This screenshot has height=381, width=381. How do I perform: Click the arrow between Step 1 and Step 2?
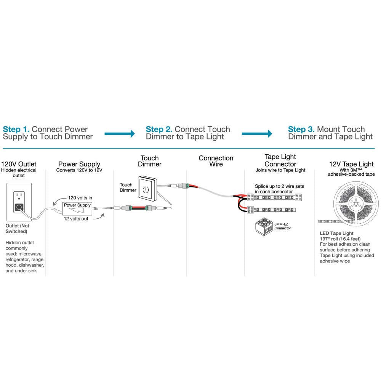(x=120, y=133)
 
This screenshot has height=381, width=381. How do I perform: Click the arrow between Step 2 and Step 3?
(x=257, y=133)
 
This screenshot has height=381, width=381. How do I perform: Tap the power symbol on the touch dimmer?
(x=146, y=189)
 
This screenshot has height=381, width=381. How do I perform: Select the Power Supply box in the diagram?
(x=77, y=208)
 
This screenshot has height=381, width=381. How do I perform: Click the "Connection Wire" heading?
(x=216, y=161)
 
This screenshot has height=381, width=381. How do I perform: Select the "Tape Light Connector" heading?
(x=280, y=160)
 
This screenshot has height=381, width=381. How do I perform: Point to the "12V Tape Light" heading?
(x=351, y=164)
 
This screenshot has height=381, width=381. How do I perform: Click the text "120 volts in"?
(x=80, y=198)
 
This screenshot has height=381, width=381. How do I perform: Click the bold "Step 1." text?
(x=16, y=130)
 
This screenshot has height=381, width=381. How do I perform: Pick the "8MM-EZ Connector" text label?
(x=282, y=226)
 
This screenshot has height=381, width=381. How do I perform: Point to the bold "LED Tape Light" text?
(x=336, y=233)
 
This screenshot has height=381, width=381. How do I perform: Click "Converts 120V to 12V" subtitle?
(x=79, y=170)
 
